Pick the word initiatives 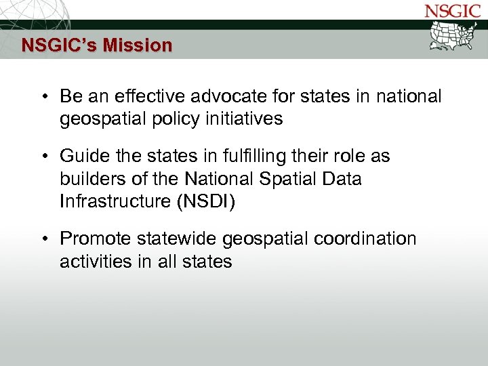pos(243,119)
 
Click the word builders pos(87,179)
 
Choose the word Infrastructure pos(111,201)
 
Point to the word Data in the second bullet pos(343,179)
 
